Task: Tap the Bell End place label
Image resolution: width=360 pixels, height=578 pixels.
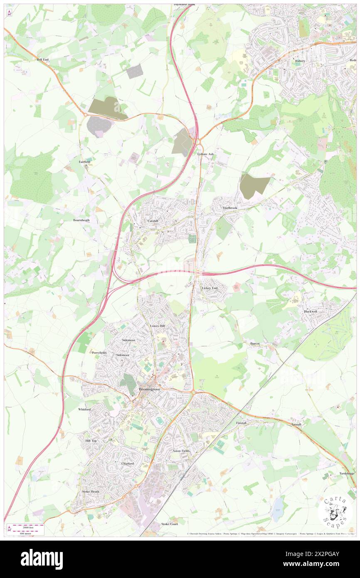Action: coord(42,60)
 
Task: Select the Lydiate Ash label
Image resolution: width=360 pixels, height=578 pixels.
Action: coord(205,154)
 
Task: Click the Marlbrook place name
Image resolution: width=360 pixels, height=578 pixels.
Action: coord(229,207)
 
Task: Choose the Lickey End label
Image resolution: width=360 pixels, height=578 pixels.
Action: coord(210,288)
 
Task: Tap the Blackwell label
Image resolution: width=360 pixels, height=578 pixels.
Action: coord(310,311)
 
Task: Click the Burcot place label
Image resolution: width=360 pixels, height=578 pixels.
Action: coord(255,343)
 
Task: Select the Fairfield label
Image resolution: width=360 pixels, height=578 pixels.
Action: coord(84,161)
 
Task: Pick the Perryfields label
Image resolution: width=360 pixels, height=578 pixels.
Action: coord(99,353)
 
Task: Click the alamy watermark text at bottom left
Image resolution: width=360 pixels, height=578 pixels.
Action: coord(42,559)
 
